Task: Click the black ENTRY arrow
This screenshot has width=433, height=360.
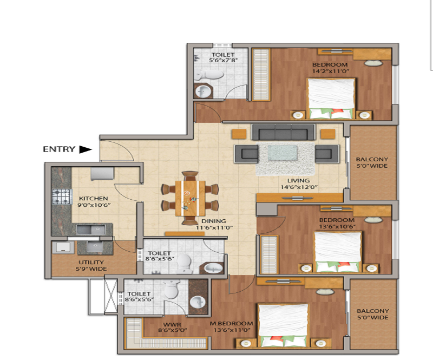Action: click(x=86, y=149)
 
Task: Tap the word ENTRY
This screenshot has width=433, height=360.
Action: click(x=58, y=149)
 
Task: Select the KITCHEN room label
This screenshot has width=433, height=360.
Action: click(x=93, y=199)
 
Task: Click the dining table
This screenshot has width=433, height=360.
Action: click(x=190, y=199)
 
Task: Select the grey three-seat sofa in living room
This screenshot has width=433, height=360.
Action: click(x=283, y=133)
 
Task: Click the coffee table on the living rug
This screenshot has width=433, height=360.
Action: click(x=282, y=153)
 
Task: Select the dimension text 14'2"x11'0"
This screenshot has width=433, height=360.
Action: click(x=330, y=71)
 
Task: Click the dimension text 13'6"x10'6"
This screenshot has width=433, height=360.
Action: click(x=336, y=227)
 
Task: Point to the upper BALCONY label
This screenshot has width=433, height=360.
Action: click(x=371, y=159)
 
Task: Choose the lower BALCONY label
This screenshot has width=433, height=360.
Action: click(x=372, y=311)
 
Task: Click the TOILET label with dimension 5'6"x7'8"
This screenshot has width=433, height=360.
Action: click(x=222, y=55)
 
